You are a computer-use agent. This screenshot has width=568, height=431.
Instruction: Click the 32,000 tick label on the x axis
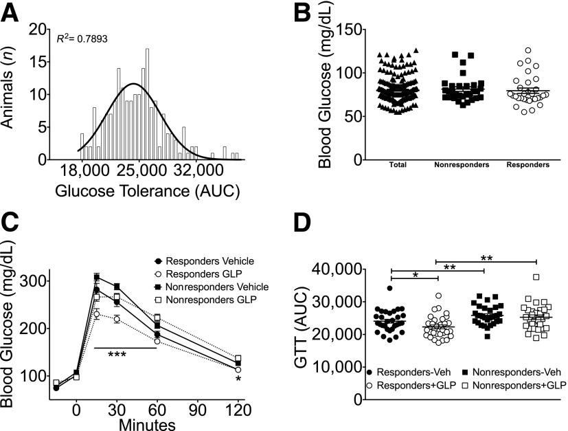click(x=196, y=172)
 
